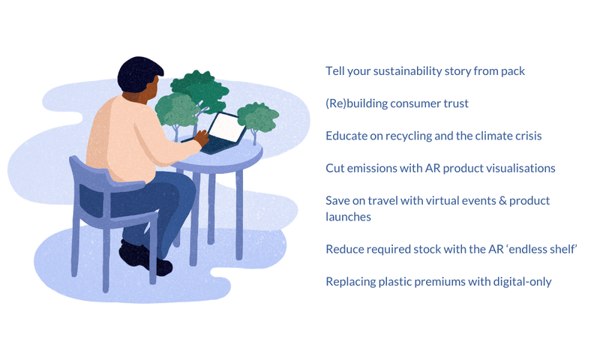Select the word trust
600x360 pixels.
pos(456,103)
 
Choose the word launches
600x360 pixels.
pos(348,217)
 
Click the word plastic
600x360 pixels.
pos(394,282)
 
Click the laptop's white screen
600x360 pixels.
pos(226,127)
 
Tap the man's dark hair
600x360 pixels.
pos(139,73)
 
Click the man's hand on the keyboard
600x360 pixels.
pos(202,137)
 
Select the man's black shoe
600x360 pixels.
pos(145,257)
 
